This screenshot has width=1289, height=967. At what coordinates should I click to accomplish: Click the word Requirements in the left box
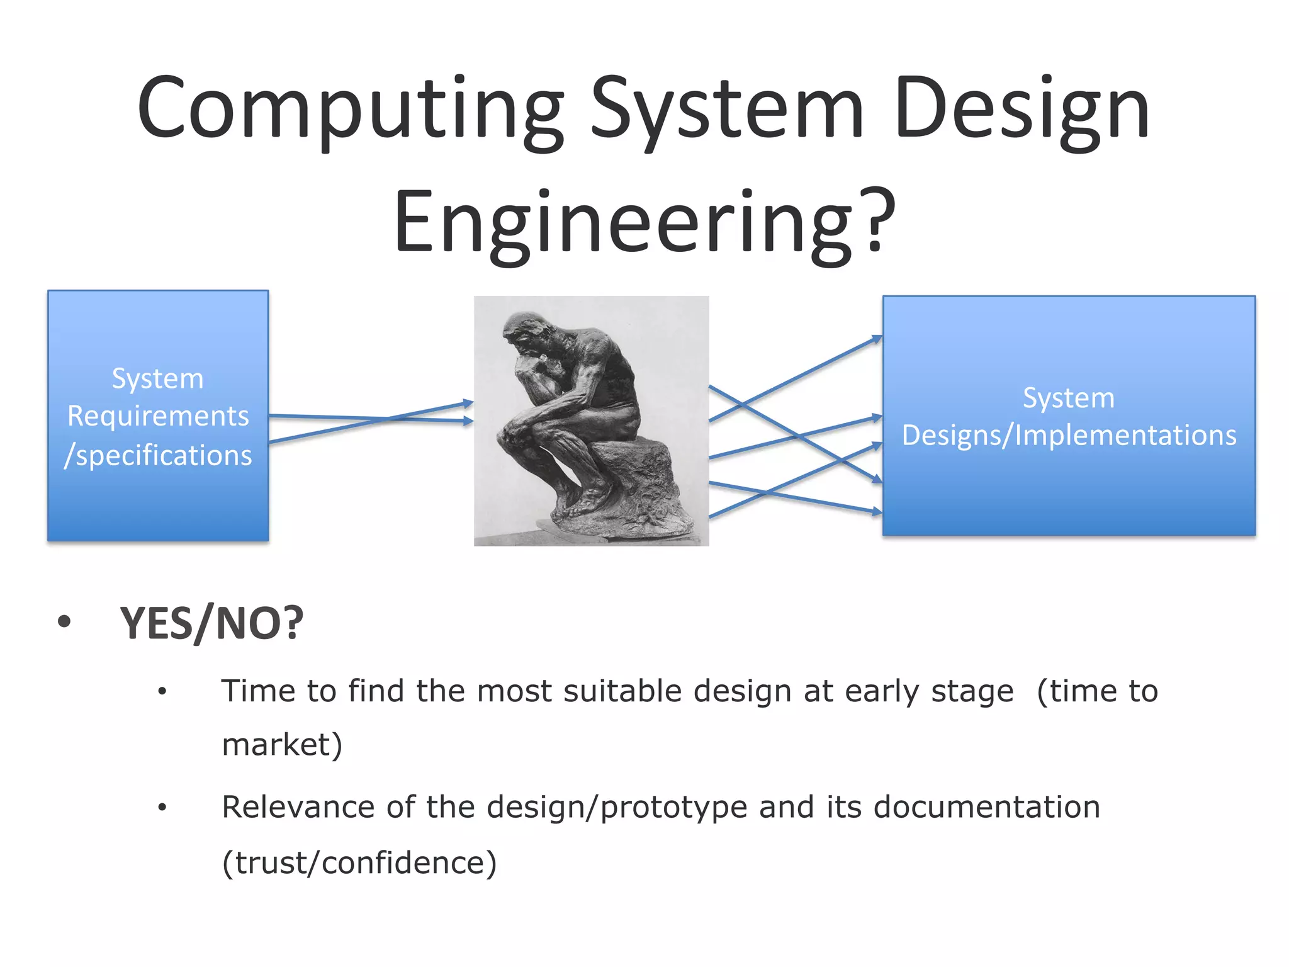pos(158,416)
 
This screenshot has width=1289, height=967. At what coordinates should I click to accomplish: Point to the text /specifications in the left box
pos(158,455)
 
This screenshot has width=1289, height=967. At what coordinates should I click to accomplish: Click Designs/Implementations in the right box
pos(1069,436)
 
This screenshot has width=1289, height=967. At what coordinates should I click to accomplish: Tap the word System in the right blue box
pos(1068,398)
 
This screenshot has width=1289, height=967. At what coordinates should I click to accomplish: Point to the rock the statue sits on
pos(636,478)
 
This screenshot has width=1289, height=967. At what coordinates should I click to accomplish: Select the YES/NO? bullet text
pos(211,624)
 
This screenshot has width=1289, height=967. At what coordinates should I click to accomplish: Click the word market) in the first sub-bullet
pos(282,745)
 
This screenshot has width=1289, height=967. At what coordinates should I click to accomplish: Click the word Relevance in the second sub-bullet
pos(298,807)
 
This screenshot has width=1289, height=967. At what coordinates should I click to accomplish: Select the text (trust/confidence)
pos(359,862)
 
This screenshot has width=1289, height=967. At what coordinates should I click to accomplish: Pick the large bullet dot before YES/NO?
pos(64,622)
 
